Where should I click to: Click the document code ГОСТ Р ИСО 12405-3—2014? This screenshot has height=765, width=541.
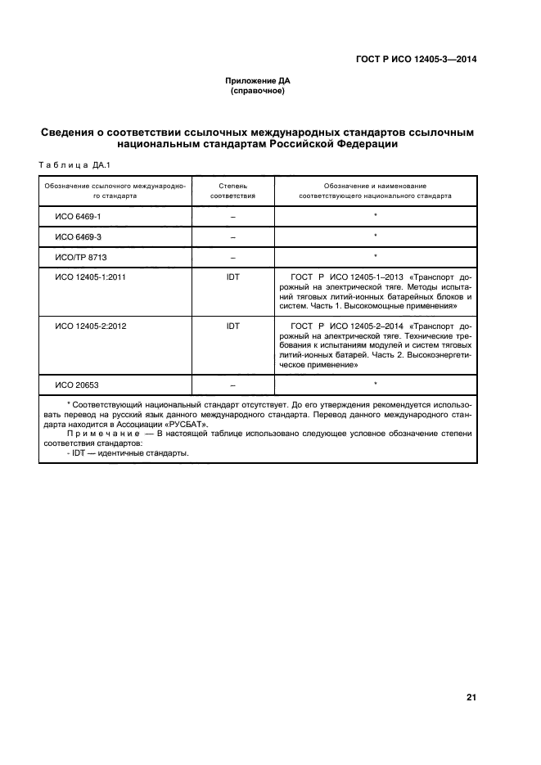(x=417, y=58)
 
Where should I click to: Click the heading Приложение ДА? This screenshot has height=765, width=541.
(x=258, y=81)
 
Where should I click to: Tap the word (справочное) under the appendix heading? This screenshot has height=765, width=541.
(x=258, y=91)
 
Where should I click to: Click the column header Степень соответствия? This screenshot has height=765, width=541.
(x=232, y=191)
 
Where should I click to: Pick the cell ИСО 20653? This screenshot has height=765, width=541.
(x=77, y=384)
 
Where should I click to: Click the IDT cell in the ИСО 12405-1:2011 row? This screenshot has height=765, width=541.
(x=232, y=277)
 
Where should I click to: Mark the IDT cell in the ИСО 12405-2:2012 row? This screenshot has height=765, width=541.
(x=232, y=325)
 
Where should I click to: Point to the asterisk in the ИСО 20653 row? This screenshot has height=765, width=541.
(x=375, y=384)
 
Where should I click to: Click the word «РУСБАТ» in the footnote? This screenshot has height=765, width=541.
(x=185, y=425)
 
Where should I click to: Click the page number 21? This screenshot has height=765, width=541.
(x=471, y=697)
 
